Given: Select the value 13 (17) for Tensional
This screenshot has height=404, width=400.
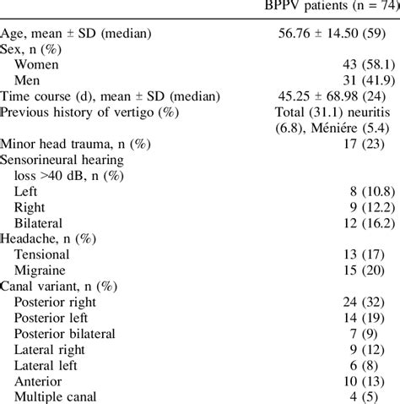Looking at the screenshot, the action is [374, 255].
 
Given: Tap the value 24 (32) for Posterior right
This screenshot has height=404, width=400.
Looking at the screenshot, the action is [374, 303].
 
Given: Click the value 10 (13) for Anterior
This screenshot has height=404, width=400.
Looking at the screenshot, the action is [374, 382].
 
